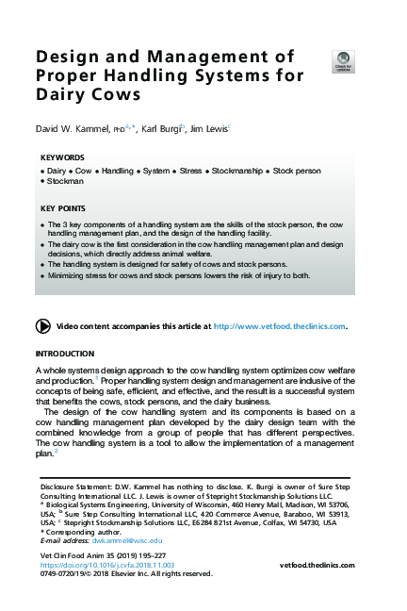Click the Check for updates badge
click(x=344, y=59)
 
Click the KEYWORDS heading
click(x=63, y=157)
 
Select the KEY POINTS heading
click(x=63, y=207)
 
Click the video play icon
click(x=42, y=326)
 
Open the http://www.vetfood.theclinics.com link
click(x=280, y=326)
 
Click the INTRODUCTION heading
click(x=65, y=353)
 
